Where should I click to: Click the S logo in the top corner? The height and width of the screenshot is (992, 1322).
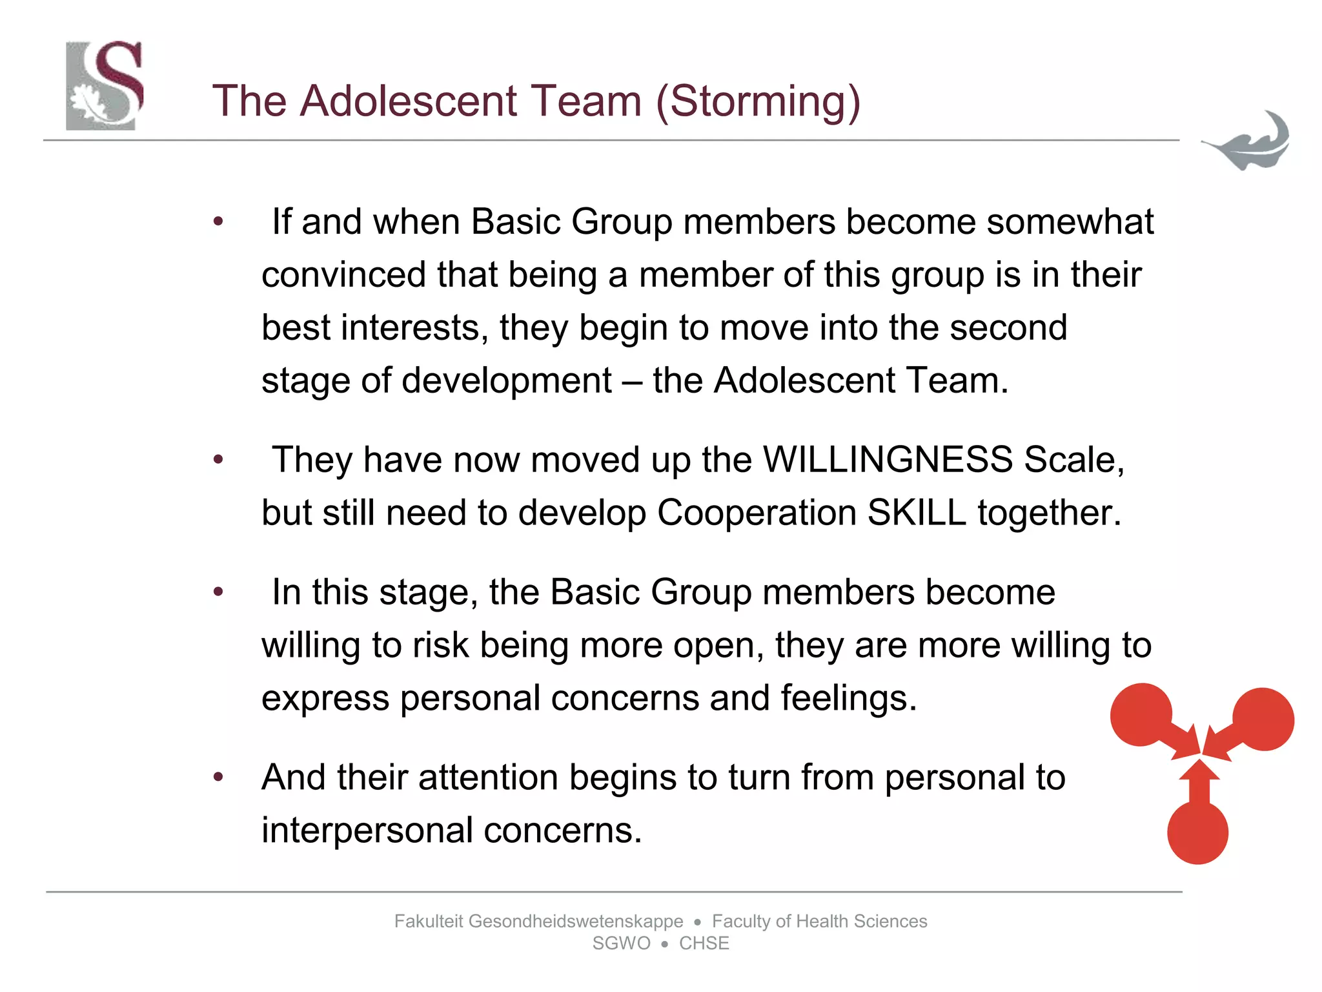105,85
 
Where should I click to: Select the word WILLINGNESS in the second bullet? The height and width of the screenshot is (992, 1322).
888,460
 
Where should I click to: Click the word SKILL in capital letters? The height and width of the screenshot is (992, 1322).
916,513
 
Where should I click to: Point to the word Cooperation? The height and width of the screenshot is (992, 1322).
756,514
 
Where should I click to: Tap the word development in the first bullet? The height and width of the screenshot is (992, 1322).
506,380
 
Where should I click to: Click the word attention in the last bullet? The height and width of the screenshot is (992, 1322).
488,777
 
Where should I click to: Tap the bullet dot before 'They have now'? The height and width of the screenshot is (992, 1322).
219,459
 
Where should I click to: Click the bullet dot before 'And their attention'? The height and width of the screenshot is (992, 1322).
219,776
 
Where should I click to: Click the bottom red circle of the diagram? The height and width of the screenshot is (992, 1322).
1197,833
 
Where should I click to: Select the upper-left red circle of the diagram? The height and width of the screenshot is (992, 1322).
1141,714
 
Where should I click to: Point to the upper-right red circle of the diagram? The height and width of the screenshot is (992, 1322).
1263,719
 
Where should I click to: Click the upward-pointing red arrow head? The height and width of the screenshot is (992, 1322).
1199,771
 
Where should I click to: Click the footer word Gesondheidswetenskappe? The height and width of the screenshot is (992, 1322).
575,921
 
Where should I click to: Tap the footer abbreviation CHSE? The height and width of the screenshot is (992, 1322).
704,944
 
